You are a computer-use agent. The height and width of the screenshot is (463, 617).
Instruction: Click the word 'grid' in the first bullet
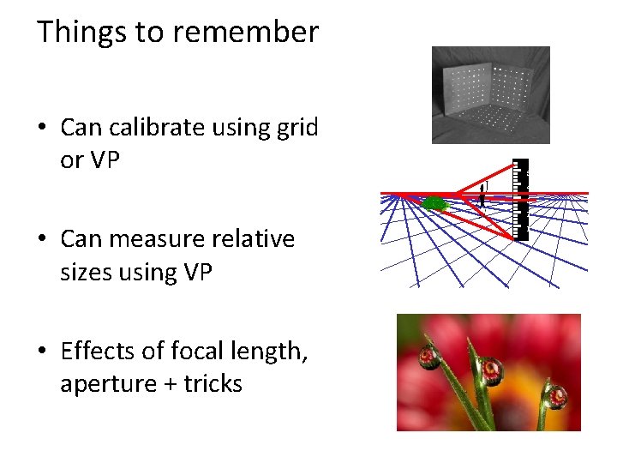(298, 128)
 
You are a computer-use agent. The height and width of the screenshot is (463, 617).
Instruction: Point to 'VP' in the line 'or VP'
(103, 160)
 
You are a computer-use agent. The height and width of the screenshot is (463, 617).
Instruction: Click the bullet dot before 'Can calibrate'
(41, 129)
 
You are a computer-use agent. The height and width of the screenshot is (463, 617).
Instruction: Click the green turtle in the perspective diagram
(434, 203)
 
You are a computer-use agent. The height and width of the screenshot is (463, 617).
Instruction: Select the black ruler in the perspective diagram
(520, 197)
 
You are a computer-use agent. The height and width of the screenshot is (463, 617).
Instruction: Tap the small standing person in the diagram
(482, 197)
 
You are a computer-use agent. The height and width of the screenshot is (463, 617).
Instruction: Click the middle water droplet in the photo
(491, 370)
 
